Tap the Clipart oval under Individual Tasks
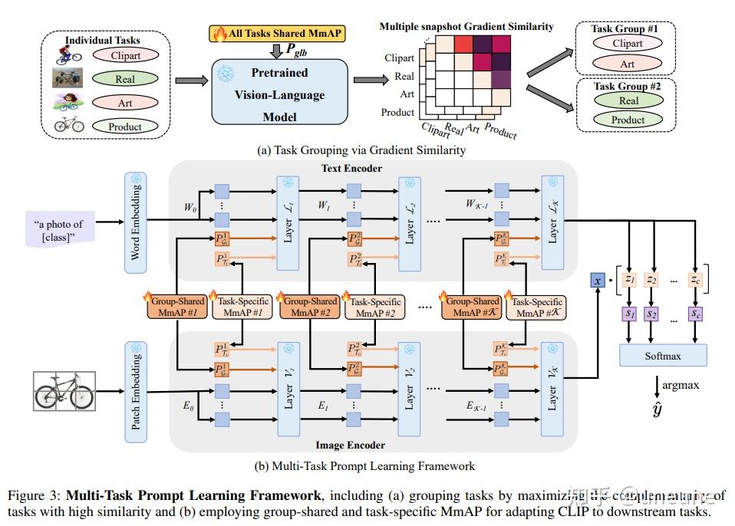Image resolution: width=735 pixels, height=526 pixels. point(125,55)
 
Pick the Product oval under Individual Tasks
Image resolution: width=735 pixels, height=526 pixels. point(125,127)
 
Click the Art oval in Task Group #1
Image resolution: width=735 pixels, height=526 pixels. point(628,64)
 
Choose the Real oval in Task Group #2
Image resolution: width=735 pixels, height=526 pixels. point(628,100)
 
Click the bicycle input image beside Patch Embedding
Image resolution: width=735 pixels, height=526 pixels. point(64,393)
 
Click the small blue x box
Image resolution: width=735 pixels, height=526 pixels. point(598,281)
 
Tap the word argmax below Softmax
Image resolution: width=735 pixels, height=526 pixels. point(681,385)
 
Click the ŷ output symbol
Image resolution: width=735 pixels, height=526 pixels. point(657,410)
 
